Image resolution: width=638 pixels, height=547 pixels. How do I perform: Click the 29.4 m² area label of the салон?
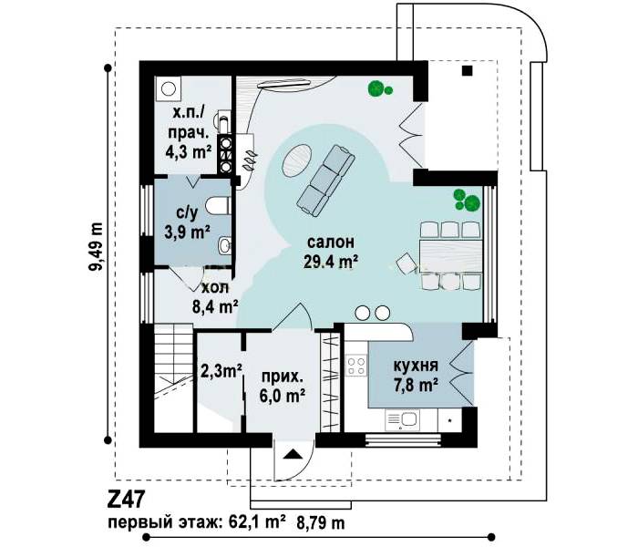click(331, 262)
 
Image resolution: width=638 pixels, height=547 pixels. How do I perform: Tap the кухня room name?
click(416, 365)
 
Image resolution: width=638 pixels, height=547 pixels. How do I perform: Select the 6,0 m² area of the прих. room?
click(283, 396)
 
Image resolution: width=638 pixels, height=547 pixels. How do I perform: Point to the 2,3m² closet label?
click(221, 370)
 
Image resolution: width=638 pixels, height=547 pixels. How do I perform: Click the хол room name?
click(215, 288)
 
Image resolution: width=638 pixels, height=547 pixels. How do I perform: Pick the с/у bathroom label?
click(187, 212)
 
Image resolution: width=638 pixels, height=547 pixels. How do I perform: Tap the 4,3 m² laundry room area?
click(189, 151)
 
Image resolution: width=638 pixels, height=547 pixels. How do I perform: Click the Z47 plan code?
click(126, 499)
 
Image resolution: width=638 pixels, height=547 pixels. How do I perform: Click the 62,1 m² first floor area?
click(254, 522)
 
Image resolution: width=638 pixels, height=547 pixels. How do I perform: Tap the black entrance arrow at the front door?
click(293, 454)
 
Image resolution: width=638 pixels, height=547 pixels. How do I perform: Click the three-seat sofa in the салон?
click(325, 180)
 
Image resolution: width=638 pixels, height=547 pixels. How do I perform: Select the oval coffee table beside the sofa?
click(297, 160)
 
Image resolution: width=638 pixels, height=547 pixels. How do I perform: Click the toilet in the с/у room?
click(218, 205)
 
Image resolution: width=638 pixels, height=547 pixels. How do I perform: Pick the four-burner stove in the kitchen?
click(356, 365)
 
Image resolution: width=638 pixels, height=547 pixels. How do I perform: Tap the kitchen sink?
click(402, 419)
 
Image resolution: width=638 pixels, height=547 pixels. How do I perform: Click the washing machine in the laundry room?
click(168, 88)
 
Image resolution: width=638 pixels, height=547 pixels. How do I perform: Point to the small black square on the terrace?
click(467, 71)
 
